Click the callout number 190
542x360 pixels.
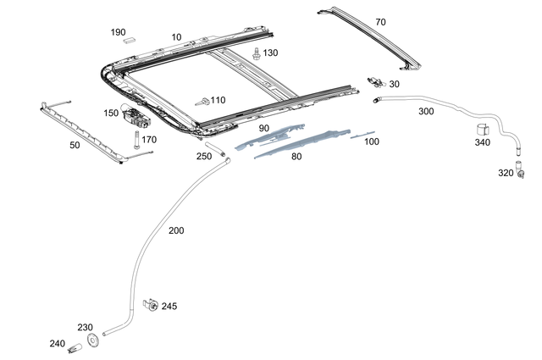(118, 32)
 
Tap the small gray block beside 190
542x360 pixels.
(130, 38)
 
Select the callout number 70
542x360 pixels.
(379, 22)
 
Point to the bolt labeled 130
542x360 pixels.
(256, 53)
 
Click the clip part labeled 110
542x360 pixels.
(203, 100)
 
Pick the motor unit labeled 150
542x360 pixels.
(133, 113)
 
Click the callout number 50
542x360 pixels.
(75, 146)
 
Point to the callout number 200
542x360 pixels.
(175, 230)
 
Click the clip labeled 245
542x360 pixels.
(151, 305)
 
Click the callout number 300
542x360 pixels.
(425, 111)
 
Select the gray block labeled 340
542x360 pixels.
(483, 129)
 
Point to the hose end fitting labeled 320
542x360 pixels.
(517, 171)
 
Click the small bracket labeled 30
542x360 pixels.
(378, 81)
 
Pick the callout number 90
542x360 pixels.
(263, 128)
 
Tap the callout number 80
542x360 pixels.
(296, 156)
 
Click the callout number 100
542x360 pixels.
(371, 141)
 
